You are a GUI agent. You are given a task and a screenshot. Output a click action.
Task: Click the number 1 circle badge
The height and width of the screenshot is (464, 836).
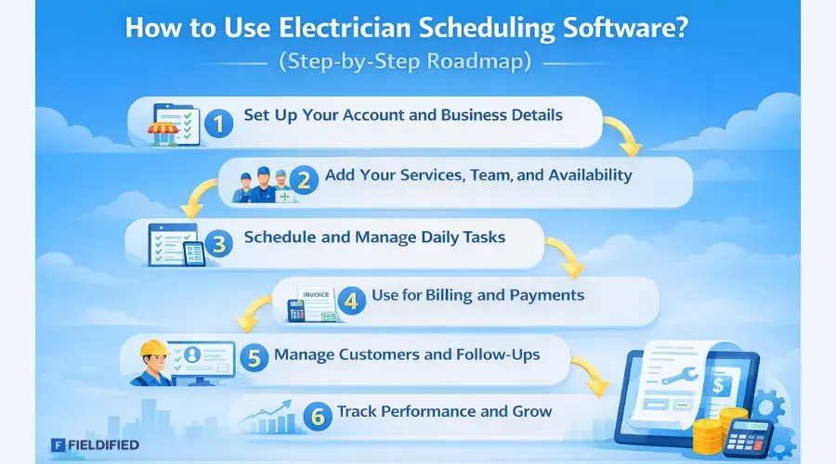(x=218, y=122)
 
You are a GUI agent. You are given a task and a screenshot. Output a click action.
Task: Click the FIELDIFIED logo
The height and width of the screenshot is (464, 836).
(x=96, y=445)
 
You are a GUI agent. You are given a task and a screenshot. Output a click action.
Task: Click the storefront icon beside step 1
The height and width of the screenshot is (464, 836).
(x=164, y=125)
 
